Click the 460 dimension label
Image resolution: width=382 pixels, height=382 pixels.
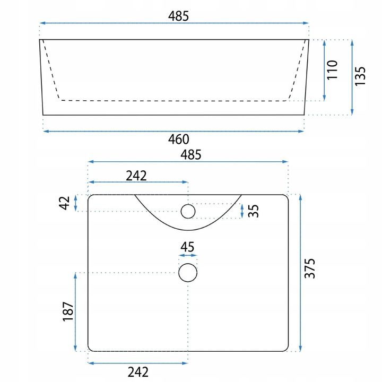point(179,140)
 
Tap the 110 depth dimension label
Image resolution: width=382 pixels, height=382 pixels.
point(332,70)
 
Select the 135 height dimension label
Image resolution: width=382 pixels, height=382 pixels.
point(360,76)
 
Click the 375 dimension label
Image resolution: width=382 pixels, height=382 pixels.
point(310,268)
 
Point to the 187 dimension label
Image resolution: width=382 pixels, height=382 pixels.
point(68,312)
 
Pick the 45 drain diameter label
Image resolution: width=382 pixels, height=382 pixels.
point(187,247)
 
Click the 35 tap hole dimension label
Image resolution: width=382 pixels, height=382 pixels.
point(254,211)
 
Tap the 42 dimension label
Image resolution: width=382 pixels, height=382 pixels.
point(64,203)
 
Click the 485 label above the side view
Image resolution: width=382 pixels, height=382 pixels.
point(179,16)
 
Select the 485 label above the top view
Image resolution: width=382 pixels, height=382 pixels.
point(191,155)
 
